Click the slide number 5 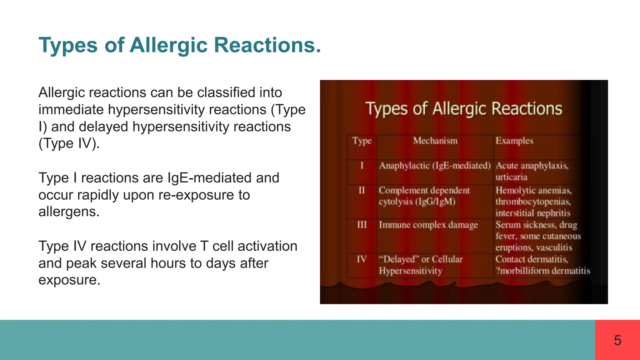pyautogui.click(x=617, y=340)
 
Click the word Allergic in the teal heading pyautogui.click(x=168, y=45)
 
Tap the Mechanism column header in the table pyautogui.click(x=435, y=141)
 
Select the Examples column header pyautogui.click(x=514, y=141)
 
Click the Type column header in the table pyautogui.click(x=362, y=141)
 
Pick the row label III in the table pyautogui.click(x=362, y=225)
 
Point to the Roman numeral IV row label pyautogui.click(x=362, y=259)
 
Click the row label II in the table pyautogui.click(x=362, y=190)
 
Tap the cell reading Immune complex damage pyautogui.click(x=428, y=225)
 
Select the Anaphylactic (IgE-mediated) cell pyautogui.click(x=435, y=166)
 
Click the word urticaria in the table pyautogui.click(x=511, y=177)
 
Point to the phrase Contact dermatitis pyautogui.click(x=532, y=259)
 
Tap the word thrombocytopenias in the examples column pyautogui.click(x=533, y=202)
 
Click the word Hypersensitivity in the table pyautogui.click(x=410, y=271)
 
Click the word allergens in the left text pyautogui.click(x=69, y=212)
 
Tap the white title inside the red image pyautogui.click(x=464, y=109)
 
